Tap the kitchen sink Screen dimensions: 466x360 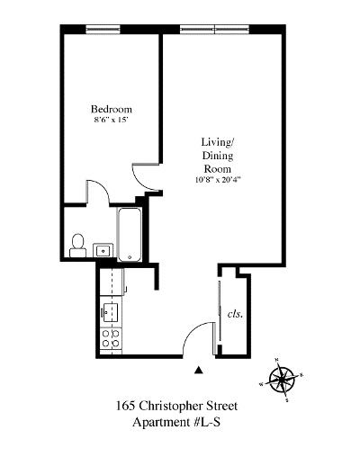coord(111,311)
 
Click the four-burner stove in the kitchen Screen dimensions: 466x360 coord(111,339)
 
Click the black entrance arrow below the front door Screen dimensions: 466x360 coord(200,368)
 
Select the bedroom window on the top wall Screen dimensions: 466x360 coord(103,30)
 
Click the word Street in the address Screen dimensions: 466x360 coord(229,407)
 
